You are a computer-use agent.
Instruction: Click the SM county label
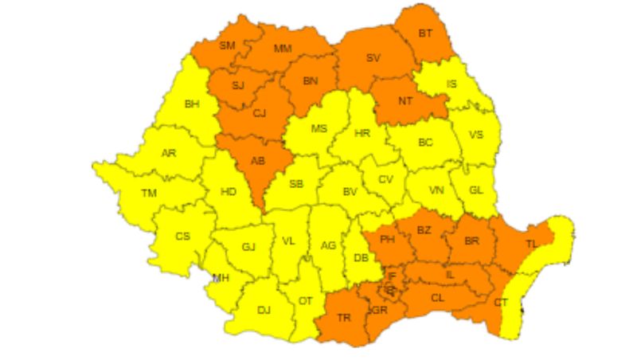pyautogui.click(x=227, y=45)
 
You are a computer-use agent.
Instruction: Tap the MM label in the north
pyautogui.click(x=283, y=49)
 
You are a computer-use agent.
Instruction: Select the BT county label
pyautogui.click(x=426, y=33)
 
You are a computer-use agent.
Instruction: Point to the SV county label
pyautogui.click(x=373, y=58)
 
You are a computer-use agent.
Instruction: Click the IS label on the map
pyautogui.click(x=451, y=84)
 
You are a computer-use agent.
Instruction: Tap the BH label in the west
pyautogui.click(x=192, y=104)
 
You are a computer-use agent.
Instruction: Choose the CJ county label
pyautogui.click(x=259, y=113)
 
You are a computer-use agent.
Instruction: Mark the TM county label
pyautogui.click(x=149, y=194)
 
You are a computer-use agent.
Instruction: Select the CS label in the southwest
pyautogui.click(x=183, y=236)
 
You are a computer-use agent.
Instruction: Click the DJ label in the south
pyautogui.click(x=264, y=310)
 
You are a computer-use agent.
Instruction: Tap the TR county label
pyautogui.click(x=344, y=318)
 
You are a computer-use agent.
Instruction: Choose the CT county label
pyautogui.click(x=501, y=302)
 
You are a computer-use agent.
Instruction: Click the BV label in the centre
pyautogui.click(x=350, y=192)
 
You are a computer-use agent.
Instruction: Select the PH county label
pyautogui.click(x=388, y=239)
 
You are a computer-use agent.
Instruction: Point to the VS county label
pyautogui.click(x=476, y=135)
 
